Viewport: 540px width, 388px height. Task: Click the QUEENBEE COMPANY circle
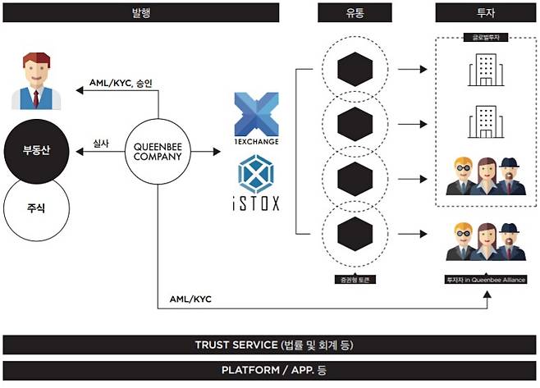point(157,150)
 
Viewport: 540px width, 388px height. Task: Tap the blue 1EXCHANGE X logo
point(256,114)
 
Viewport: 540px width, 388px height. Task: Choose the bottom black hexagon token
point(355,234)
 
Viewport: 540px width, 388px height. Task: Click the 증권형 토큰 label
point(355,280)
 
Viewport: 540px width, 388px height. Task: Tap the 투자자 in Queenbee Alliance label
point(484,280)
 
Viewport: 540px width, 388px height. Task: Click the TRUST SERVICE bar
point(270,345)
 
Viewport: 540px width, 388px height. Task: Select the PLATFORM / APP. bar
point(270,370)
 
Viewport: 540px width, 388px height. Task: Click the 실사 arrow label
point(101,142)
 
